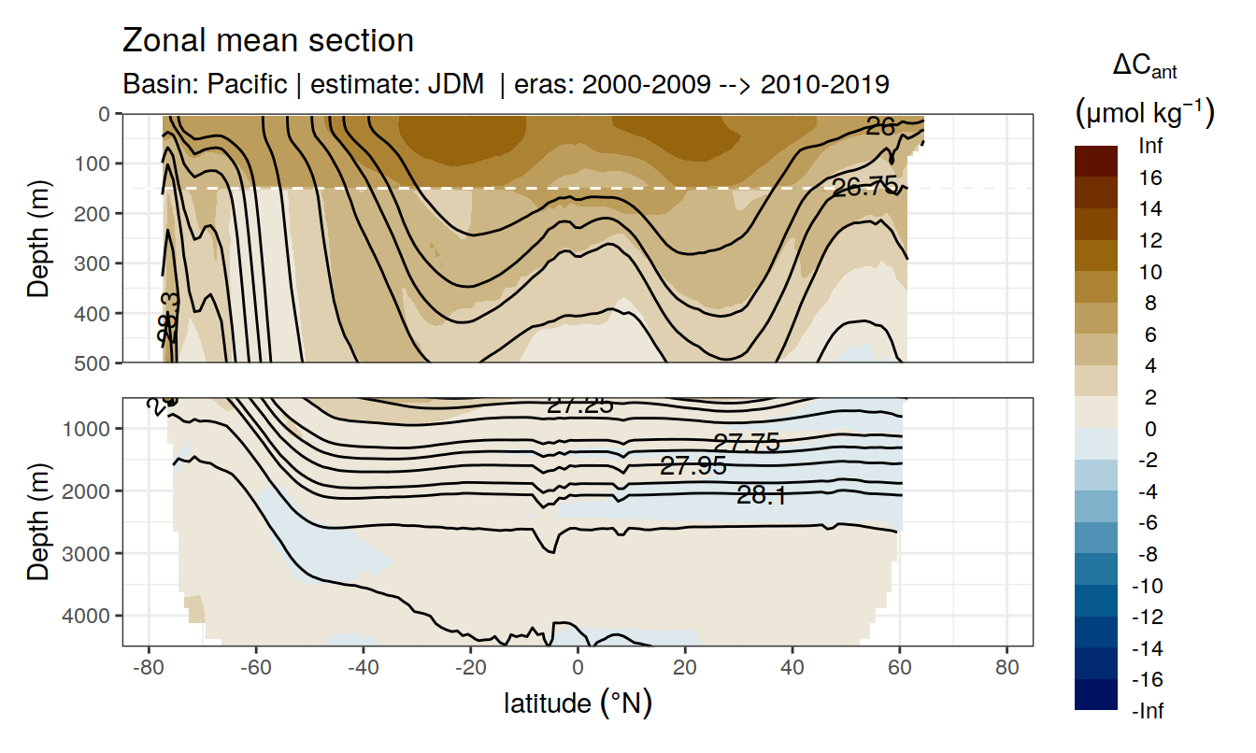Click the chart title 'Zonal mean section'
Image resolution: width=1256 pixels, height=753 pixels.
(268, 41)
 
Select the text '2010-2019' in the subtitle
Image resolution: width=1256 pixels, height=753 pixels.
(825, 84)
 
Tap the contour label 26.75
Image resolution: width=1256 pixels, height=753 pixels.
(864, 187)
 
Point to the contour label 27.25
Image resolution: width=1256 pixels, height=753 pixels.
(579, 405)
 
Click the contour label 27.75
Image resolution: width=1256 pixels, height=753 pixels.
(746, 443)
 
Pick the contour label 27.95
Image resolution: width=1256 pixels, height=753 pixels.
(692, 465)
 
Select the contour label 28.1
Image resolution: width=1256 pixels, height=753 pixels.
(761, 496)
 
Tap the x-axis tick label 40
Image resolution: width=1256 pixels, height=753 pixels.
(792, 670)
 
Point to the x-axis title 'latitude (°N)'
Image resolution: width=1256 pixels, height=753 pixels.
(578, 703)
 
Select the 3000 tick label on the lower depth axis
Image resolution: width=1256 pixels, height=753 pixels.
(92, 553)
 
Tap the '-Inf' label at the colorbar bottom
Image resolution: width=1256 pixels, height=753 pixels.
(1149, 711)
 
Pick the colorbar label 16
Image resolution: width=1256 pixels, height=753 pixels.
(1151, 178)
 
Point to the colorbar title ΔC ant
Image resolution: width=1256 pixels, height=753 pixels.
(1145, 66)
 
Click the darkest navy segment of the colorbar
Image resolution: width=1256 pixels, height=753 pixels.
(1096, 695)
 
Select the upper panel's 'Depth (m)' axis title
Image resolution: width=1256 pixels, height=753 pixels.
(38, 238)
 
